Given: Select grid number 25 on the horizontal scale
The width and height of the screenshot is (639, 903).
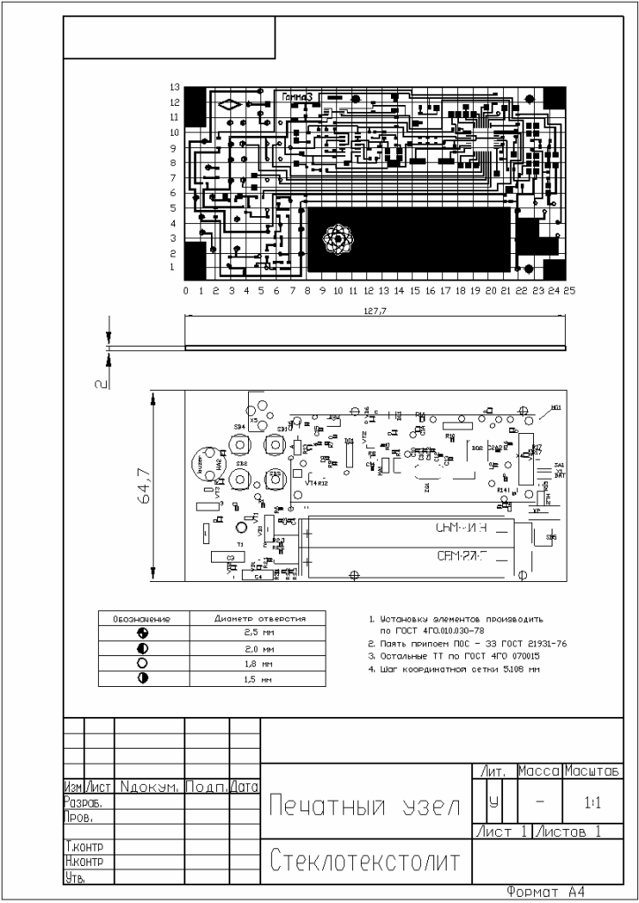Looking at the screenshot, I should click(569, 290).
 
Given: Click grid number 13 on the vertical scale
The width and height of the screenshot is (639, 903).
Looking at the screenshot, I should click(175, 87).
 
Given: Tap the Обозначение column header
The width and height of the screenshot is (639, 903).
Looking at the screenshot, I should click(142, 618).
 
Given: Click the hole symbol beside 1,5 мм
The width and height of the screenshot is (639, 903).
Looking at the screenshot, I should click(142, 677).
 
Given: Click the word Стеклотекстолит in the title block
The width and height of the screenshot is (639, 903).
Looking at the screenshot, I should click(365, 861).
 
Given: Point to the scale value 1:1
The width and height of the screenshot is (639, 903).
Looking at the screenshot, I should click(593, 803).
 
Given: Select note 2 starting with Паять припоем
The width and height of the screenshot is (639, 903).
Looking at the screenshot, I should click(468, 644).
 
